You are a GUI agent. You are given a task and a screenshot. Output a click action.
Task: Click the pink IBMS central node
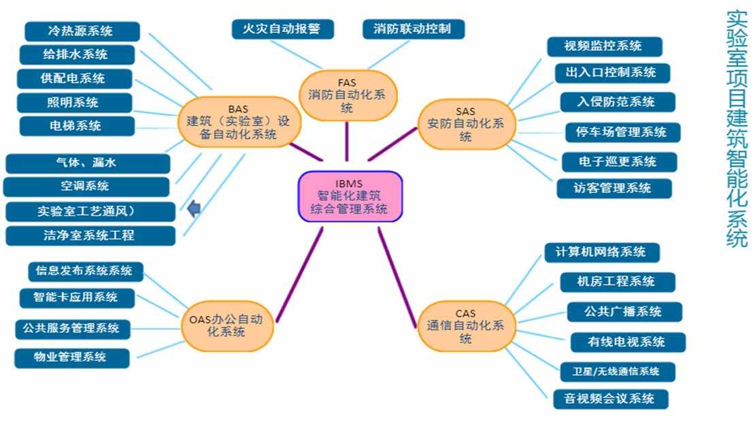click(350, 197)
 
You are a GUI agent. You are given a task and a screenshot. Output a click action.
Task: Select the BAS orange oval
click(238, 122)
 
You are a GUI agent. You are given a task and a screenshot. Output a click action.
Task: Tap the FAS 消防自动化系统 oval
click(347, 95)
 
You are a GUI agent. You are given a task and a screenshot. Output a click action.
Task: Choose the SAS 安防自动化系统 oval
click(466, 125)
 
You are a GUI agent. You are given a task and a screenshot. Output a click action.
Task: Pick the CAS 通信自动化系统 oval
click(466, 326)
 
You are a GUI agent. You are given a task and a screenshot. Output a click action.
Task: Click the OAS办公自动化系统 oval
click(227, 325)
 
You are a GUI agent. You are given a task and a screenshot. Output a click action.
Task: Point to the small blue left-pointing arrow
click(194, 208)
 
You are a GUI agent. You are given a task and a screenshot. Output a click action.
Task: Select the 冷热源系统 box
click(82, 31)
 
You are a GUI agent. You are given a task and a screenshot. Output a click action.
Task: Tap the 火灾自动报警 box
click(282, 29)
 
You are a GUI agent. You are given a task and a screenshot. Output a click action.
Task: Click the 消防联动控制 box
click(413, 29)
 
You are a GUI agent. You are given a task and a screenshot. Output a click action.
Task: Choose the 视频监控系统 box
click(604, 46)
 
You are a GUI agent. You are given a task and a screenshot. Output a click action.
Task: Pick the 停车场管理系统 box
click(622, 133)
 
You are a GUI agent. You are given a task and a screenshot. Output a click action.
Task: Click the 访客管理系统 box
click(614, 188)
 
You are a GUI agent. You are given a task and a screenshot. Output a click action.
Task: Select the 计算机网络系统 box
click(601, 252)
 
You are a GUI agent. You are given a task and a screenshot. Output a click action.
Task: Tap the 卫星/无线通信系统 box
click(618, 372)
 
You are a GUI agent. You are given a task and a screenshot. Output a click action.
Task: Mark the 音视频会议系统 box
click(611, 399)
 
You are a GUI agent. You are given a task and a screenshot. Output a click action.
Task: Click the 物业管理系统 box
click(71, 358)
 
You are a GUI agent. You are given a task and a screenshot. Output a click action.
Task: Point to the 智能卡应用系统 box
click(77, 297)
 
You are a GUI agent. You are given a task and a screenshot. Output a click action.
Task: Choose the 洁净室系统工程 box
click(90, 236)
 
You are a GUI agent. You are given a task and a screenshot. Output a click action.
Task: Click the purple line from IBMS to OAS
click(299, 274)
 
